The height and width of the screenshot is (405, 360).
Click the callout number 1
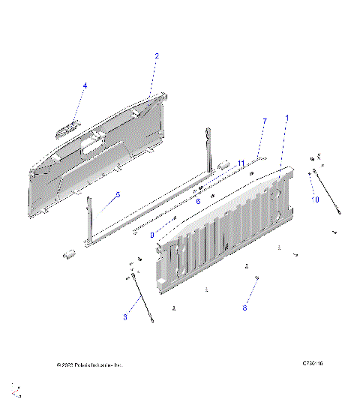tap(286, 118)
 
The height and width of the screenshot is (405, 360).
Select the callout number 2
tap(157, 55)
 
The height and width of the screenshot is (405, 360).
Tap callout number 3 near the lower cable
tap(125, 317)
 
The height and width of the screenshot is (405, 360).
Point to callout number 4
tap(85, 86)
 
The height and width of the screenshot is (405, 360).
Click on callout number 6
tap(198, 201)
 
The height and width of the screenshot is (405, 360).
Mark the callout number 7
tap(264, 121)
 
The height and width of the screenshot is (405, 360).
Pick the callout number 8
tap(244, 307)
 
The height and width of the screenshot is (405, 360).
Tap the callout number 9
tap(152, 235)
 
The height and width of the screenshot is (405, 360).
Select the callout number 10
tap(316, 199)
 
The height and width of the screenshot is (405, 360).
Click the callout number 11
tap(241, 163)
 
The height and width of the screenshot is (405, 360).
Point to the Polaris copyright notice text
tap(88, 365)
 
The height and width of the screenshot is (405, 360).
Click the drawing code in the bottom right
tap(313, 365)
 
